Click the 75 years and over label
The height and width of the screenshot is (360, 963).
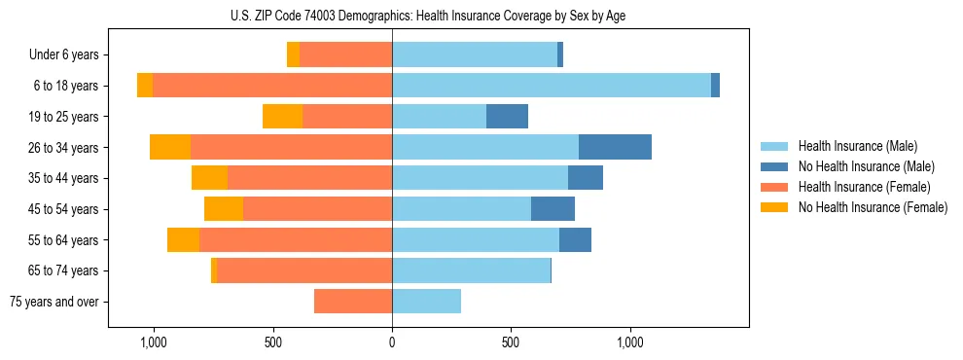click(54, 302)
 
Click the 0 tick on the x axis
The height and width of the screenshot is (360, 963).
click(392, 342)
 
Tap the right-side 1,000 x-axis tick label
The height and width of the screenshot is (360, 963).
click(630, 342)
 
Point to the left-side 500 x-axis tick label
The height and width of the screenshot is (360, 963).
click(273, 342)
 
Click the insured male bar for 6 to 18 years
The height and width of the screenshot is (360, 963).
click(551, 86)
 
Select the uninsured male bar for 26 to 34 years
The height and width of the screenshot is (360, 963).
click(615, 147)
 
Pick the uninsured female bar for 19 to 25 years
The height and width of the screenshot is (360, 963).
click(282, 117)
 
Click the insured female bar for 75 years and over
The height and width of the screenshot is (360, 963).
click(353, 302)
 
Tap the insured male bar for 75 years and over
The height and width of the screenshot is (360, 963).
click(426, 302)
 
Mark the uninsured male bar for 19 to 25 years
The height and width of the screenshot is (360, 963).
click(507, 117)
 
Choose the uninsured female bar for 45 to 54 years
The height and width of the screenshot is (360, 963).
click(224, 209)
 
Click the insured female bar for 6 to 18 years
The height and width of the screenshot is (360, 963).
click(272, 86)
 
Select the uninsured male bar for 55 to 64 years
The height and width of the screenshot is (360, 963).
click(575, 240)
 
